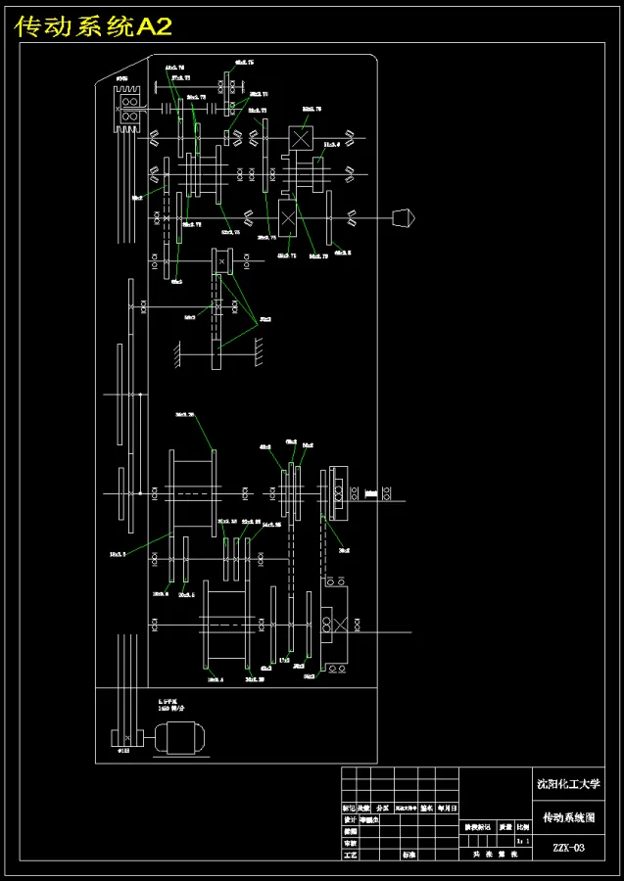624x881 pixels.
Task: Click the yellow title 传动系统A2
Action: coord(94,27)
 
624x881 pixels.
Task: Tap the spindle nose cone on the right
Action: coord(403,216)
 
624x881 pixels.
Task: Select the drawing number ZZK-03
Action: coord(568,848)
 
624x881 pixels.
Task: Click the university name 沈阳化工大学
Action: coord(568,783)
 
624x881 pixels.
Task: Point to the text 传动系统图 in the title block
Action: coord(568,816)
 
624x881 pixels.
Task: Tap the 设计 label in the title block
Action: coord(350,820)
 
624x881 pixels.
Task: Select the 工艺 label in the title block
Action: coord(350,855)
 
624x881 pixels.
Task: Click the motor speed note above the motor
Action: coord(173,706)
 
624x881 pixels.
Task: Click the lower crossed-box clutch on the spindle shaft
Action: coord(288,216)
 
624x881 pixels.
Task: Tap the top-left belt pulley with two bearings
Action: coord(128,107)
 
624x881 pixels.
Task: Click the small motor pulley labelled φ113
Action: coord(126,737)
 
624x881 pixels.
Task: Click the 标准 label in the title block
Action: coord(408,855)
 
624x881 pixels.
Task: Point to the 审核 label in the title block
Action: coord(350,843)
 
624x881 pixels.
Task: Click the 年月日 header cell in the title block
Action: coord(447,809)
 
